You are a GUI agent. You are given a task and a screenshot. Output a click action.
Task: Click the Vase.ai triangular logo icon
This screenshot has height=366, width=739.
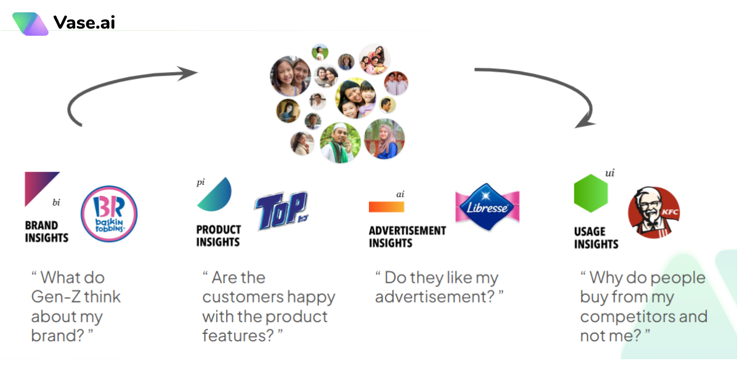pos(30,24)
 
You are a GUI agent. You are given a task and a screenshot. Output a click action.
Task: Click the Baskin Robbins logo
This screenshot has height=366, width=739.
pos(109,214)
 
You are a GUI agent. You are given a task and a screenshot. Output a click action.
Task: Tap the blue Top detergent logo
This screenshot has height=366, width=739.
pos(281,211)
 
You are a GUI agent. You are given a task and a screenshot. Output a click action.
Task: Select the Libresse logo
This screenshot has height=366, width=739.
pos(487,207)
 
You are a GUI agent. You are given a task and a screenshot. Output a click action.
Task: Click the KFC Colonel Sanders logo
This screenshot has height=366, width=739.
pos(653,212)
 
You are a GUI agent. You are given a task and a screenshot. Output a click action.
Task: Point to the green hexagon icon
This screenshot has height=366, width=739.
pos(591,193)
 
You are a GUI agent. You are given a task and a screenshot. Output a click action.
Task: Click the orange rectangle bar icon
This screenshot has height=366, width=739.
pos(386,207)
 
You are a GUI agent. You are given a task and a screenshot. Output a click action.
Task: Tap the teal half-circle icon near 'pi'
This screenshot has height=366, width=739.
pos(216,195)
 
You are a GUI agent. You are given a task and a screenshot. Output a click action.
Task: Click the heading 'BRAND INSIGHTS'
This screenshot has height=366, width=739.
pos(47,232)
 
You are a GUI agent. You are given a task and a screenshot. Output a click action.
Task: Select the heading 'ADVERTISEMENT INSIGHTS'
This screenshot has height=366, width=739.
pos(407,237)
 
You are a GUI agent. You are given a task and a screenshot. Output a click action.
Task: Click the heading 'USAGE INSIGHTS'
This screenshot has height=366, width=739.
pos(596,238)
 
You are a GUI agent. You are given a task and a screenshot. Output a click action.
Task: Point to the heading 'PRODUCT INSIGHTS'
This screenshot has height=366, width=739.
pos(219,235)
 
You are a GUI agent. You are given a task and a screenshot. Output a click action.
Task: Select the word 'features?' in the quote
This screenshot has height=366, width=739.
pos(238,336)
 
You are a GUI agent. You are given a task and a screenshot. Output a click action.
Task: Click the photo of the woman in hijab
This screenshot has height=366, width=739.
pos(384,139)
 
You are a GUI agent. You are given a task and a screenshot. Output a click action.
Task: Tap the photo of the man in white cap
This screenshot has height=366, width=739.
pos(340,142)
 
